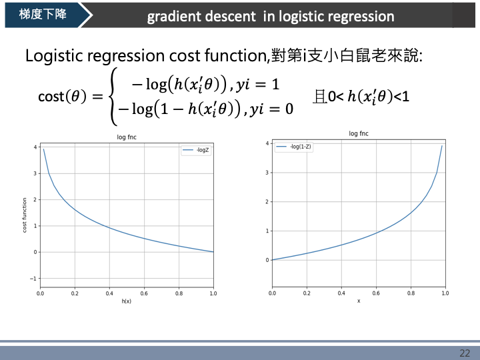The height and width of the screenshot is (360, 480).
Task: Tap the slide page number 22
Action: tap(465, 353)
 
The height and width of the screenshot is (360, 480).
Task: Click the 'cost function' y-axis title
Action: tap(25, 215)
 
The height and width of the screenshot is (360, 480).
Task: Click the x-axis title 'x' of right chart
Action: tap(358, 301)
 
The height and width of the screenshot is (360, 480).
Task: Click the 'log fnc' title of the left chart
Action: tap(127, 138)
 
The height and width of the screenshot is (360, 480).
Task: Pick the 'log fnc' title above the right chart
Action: tap(359, 133)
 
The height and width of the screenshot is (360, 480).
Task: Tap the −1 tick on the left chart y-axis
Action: tap(34, 278)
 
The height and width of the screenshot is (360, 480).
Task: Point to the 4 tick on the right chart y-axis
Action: tap(267, 143)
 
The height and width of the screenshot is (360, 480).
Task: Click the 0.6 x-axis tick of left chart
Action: tap(144, 293)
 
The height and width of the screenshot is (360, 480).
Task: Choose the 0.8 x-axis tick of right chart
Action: tap(410, 293)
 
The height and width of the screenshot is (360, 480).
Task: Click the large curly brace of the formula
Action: tap(115, 97)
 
